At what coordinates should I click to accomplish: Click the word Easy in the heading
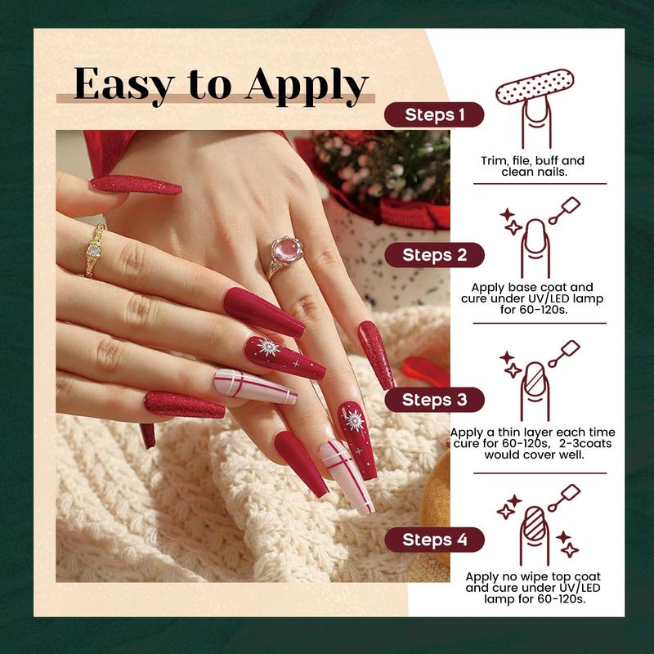pyautogui.click(x=121, y=84)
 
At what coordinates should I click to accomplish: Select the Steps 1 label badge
pyautogui.click(x=433, y=115)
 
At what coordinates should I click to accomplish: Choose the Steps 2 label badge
pyautogui.click(x=434, y=255)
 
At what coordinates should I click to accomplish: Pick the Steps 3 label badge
pyautogui.click(x=434, y=400)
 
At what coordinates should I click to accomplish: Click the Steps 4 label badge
pyautogui.click(x=434, y=540)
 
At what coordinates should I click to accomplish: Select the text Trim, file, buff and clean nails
pyautogui.click(x=532, y=167)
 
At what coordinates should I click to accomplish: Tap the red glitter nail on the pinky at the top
pyautogui.click(x=136, y=185)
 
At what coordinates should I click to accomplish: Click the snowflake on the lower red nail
pyautogui.click(x=353, y=420)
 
